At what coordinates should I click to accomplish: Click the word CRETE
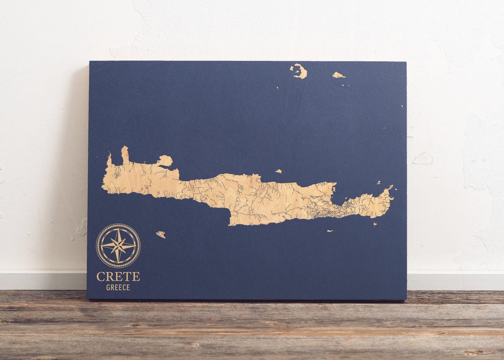(118, 276)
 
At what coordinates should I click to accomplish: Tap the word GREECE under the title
(118, 288)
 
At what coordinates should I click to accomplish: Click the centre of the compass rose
(118, 246)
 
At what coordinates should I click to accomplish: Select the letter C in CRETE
(100, 276)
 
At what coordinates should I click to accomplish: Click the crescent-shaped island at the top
(299, 71)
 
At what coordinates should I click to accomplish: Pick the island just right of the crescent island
(338, 75)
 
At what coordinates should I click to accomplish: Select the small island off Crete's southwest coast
(161, 234)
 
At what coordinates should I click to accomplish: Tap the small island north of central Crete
(279, 171)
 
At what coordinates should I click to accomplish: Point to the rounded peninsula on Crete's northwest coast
(164, 161)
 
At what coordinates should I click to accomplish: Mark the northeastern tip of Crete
(389, 191)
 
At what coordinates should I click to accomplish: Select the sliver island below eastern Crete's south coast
(330, 231)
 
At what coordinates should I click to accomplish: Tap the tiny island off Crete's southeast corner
(375, 224)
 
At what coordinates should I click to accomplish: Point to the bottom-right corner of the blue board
(406, 299)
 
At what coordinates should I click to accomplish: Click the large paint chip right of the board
(423, 159)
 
